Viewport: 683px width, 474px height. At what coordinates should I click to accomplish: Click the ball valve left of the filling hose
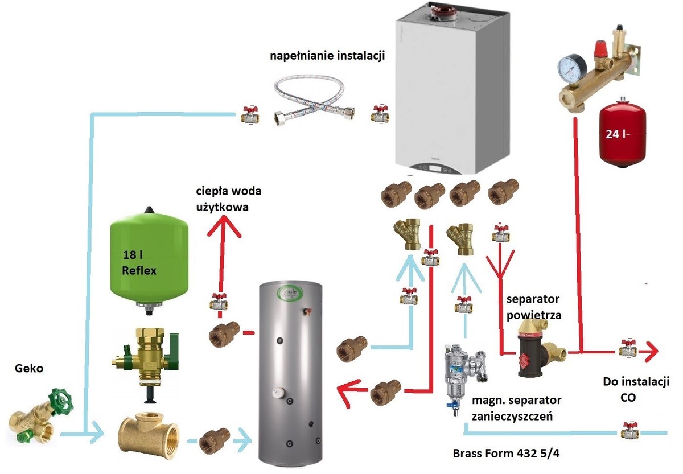coord(249,115)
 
